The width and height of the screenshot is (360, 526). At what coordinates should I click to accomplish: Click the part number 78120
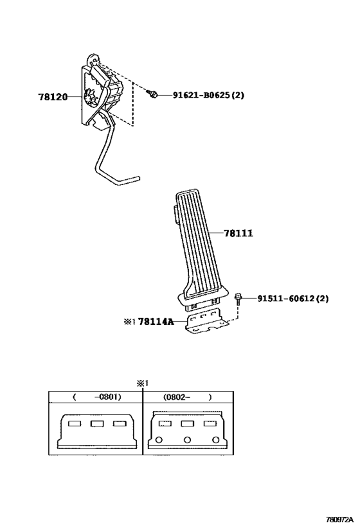pyautogui.click(x=53, y=97)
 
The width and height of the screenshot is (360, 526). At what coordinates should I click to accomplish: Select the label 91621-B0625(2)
pyautogui.click(x=208, y=95)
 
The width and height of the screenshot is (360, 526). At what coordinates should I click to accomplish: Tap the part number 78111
pyautogui.click(x=239, y=233)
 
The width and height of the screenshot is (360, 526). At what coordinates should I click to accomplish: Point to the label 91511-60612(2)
pyautogui.click(x=293, y=298)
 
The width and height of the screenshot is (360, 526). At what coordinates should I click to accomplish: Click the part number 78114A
pyautogui.click(x=156, y=322)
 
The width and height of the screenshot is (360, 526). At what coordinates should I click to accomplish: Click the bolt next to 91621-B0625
pyautogui.click(x=152, y=94)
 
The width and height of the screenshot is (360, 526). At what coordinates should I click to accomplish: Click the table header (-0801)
pyautogui.click(x=96, y=397)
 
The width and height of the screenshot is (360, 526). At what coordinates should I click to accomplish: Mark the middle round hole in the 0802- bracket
pyautogui.click(x=187, y=440)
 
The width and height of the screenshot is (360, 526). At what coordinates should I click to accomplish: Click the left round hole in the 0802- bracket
pyautogui.click(x=159, y=440)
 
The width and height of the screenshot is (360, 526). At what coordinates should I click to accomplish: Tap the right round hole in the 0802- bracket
pyautogui.click(x=215, y=440)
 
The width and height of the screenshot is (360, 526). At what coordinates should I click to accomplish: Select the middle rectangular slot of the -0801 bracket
pyautogui.click(x=96, y=424)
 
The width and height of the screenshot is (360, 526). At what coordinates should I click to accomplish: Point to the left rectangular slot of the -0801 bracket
pyautogui.click(x=75, y=424)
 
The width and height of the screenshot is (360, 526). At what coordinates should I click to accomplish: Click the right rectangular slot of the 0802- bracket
pyautogui.click(x=210, y=424)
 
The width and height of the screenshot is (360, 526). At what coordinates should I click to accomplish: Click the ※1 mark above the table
pyautogui.click(x=142, y=383)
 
